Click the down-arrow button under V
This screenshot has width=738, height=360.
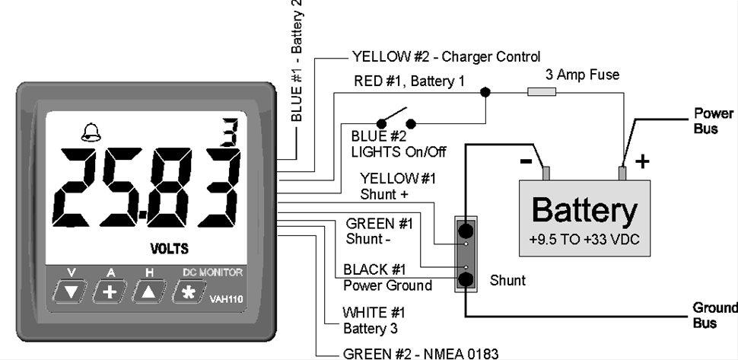(x=72, y=291)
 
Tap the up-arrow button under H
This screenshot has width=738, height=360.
(x=150, y=291)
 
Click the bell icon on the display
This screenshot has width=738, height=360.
(x=91, y=133)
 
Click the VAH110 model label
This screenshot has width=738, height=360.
(x=226, y=299)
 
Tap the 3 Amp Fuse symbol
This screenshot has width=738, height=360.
(x=542, y=92)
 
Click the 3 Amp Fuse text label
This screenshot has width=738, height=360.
(x=582, y=75)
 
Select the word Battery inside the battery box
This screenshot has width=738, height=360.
(x=584, y=210)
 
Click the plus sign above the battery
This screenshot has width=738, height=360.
(x=642, y=161)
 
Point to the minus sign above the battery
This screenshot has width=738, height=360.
(x=526, y=161)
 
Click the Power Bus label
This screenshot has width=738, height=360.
(x=713, y=121)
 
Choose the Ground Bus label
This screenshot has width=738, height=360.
(x=714, y=315)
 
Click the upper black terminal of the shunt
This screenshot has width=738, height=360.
(x=466, y=230)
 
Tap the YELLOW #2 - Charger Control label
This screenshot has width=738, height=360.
(x=446, y=56)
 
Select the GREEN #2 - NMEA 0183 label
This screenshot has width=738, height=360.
(x=421, y=353)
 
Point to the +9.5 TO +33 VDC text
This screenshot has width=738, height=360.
(x=584, y=239)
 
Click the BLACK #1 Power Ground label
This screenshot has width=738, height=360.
(x=388, y=278)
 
